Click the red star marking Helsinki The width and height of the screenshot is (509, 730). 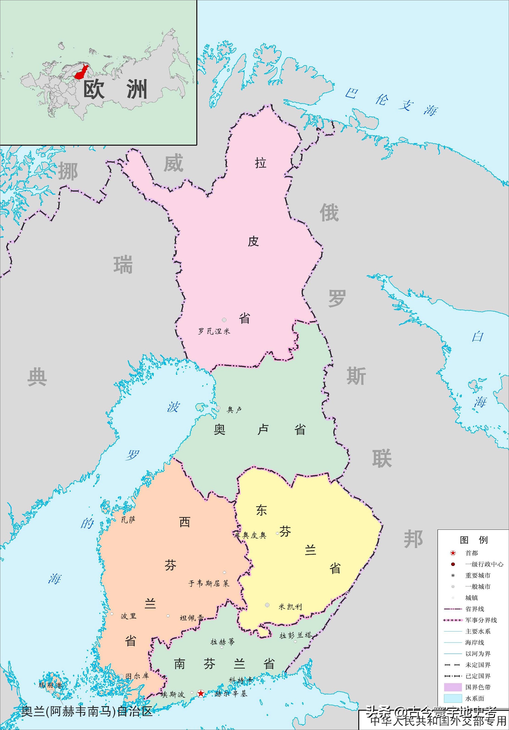(201, 693)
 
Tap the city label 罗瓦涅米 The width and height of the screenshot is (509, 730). (214, 331)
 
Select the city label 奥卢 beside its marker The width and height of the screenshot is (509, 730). (234, 410)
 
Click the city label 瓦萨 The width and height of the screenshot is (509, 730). (128, 520)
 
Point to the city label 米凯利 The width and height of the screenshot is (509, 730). (290, 607)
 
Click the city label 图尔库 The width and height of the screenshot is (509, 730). (137, 676)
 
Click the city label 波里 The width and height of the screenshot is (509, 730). (128, 616)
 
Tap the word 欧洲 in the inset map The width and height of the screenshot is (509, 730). (115, 89)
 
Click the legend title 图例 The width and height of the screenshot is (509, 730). (473, 540)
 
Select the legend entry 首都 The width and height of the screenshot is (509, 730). (472, 553)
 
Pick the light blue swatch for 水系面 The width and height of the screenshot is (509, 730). (453, 698)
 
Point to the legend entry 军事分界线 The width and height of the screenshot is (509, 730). (481, 620)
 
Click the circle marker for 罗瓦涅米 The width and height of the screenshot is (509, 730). (224, 320)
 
